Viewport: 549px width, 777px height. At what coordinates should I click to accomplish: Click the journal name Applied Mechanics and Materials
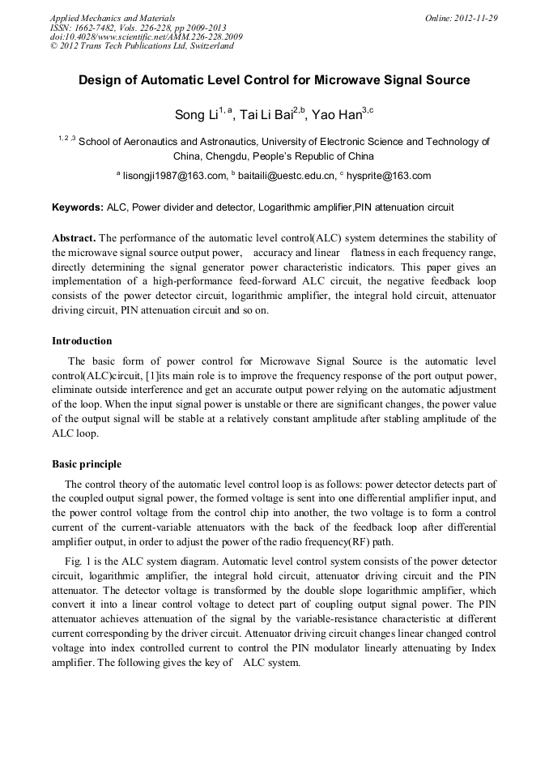[113, 18]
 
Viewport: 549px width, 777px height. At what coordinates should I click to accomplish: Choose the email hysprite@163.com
[388, 176]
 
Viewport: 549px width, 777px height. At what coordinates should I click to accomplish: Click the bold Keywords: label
[78, 207]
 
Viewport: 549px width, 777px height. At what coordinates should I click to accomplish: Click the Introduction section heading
[82, 341]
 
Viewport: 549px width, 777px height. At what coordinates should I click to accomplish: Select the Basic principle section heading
[87, 464]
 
